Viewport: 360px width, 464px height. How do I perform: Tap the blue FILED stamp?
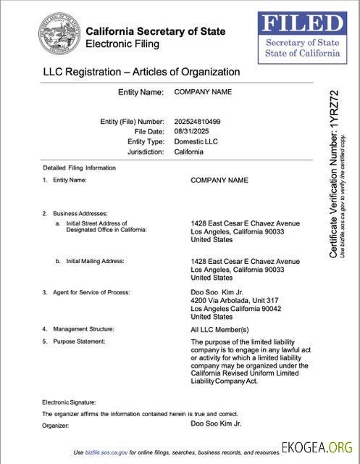[x=302, y=37]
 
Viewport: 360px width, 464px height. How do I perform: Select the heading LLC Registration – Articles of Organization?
[x=141, y=72]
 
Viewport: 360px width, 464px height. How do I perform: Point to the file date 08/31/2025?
[x=191, y=131]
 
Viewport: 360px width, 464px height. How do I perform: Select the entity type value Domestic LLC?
[x=196, y=141]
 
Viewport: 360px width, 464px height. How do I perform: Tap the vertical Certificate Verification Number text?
[x=333, y=174]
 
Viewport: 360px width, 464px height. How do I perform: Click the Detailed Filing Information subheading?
[x=79, y=168]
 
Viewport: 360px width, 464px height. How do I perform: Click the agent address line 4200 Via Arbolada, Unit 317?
[x=234, y=300]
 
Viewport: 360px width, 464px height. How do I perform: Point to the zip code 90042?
[x=272, y=309]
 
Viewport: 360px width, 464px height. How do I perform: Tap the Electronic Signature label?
[x=69, y=402]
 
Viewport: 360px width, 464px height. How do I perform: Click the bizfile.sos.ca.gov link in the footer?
[x=107, y=452]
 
